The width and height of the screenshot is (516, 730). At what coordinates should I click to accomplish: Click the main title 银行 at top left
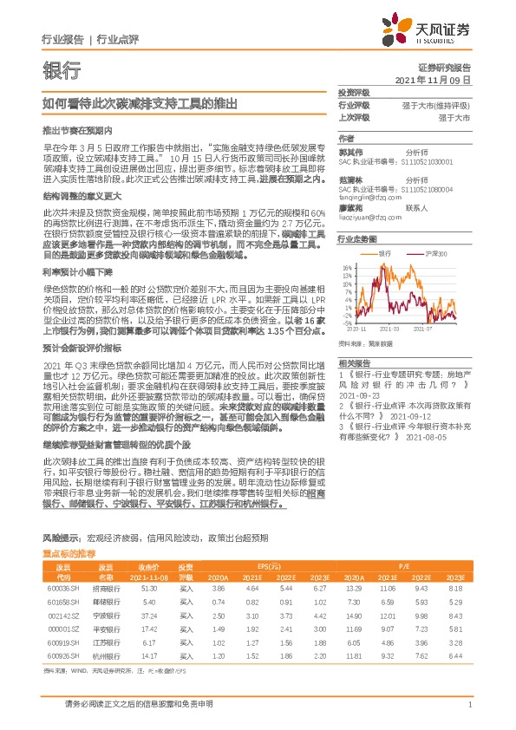pyautogui.click(x=62, y=71)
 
